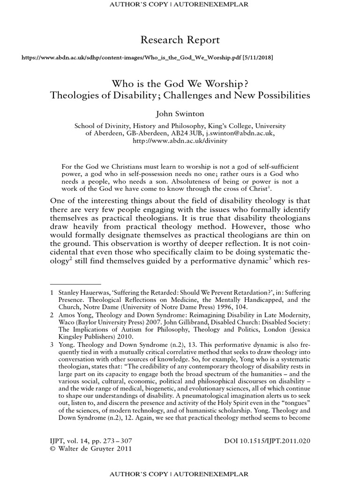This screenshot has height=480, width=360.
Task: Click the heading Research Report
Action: [x=180, y=40]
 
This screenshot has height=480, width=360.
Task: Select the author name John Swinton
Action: [x=180, y=114]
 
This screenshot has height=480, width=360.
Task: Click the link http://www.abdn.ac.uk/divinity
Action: [x=180, y=141]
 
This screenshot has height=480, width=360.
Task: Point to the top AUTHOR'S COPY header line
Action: [x=180, y=4]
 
